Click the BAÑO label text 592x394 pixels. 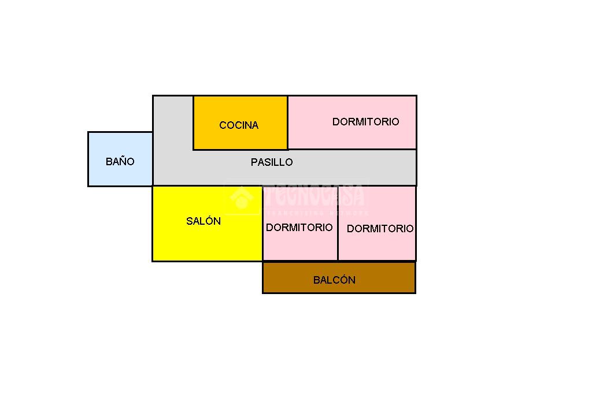[x=120, y=162]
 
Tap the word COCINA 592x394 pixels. [x=239, y=125]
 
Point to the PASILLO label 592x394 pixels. [x=272, y=162]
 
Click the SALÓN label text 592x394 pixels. [x=203, y=221]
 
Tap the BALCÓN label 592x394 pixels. [x=334, y=280]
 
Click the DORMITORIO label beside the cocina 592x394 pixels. [x=365, y=122]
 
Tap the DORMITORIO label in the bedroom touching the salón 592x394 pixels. [x=299, y=228]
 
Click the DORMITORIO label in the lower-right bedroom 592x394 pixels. [x=380, y=229]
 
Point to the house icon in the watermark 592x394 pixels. [x=241, y=198]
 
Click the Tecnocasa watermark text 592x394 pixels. [x=315, y=195]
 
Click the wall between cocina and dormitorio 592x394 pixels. [x=287, y=122]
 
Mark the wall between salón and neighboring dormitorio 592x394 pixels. [x=263, y=231]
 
